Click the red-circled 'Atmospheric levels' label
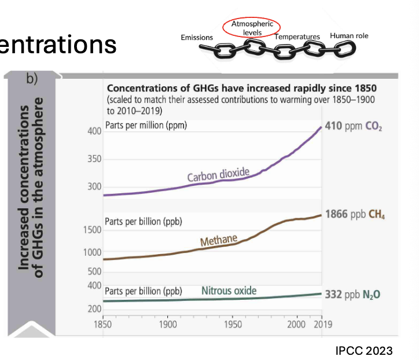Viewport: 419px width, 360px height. point(251,28)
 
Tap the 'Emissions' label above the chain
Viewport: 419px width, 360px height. point(197,37)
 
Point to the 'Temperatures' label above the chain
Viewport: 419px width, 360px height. point(297,37)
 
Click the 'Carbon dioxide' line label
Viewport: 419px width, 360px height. point(218,174)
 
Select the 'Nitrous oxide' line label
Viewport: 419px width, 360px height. point(229,290)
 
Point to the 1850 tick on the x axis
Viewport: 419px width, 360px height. point(103,324)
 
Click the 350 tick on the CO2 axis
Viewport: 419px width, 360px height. point(94,159)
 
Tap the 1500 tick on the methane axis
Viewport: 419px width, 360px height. point(94,230)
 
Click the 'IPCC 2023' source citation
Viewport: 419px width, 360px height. point(364,350)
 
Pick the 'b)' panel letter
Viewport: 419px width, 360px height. point(31,79)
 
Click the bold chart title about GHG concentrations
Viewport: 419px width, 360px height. point(242,89)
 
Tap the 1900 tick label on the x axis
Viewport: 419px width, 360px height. point(168,324)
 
